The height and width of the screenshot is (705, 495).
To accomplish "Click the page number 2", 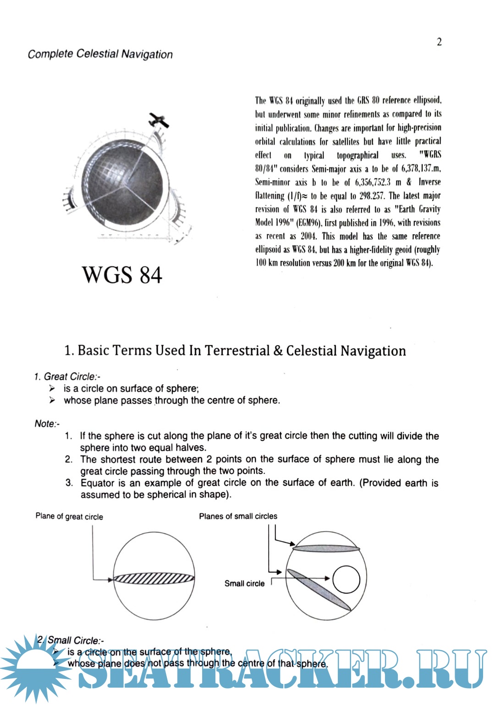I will click(439, 42).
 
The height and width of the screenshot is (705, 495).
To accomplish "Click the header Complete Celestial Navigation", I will click(100, 54).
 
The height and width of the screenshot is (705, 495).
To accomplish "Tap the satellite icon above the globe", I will click(159, 120).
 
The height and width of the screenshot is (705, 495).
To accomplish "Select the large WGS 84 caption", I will click(122, 275).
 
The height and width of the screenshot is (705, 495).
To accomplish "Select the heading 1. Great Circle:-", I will click(67, 377).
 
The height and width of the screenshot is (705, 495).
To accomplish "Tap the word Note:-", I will click(47, 424).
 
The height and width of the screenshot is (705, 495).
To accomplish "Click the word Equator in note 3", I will click(97, 483).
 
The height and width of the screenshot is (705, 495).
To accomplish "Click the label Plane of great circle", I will click(69, 517).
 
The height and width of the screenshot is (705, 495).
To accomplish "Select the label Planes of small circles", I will click(238, 516).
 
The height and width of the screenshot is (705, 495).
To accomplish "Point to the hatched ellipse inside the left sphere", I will click(154, 578).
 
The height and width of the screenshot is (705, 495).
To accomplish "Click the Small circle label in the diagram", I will click(244, 584).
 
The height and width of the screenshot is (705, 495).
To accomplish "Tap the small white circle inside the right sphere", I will click(346, 579).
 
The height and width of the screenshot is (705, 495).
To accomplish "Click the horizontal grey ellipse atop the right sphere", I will click(326, 548).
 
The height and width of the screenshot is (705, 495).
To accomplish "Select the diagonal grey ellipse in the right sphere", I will click(319, 589).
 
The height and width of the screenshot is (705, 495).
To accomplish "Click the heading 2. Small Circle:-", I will click(71, 640).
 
